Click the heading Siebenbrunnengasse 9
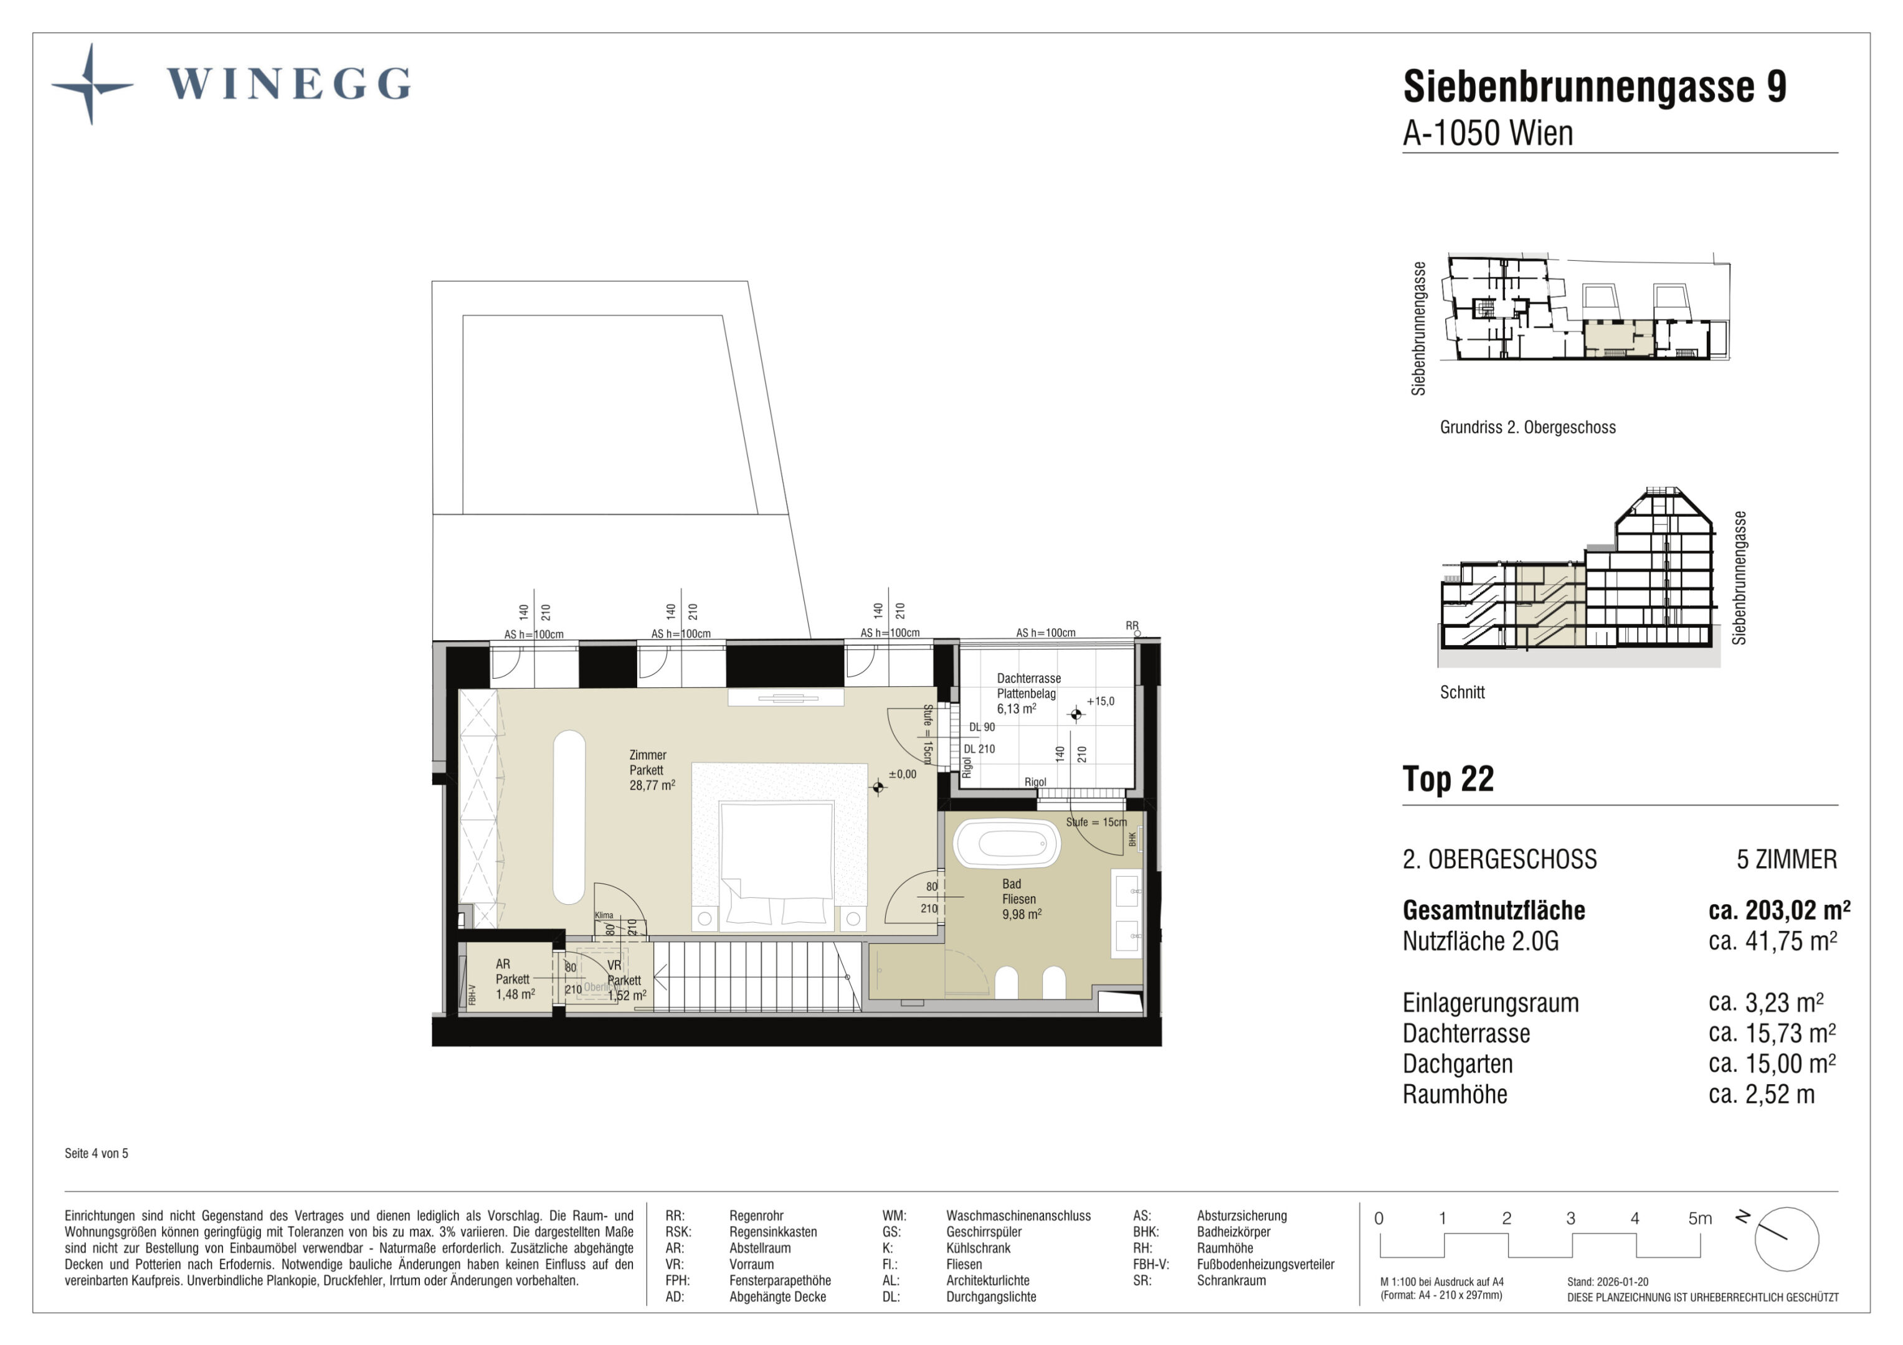click(x=1594, y=87)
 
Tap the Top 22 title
click(x=1448, y=779)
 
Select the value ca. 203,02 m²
click(x=1780, y=910)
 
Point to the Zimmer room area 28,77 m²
click(x=652, y=785)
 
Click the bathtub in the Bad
click(x=1006, y=844)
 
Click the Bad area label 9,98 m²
click(x=1021, y=914)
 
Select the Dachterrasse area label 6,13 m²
click(x=1016, y=709)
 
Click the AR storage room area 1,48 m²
click(x=515, y=994)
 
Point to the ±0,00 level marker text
click(x=902, y=774)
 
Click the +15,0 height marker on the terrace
click(x=1100, y=701)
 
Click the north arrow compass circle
click(x=1786, y=1239)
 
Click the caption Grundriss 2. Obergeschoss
click(x=1527, y=428)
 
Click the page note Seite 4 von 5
click(x=96, y=1154)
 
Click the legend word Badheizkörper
click(x=1233, y=1232)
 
